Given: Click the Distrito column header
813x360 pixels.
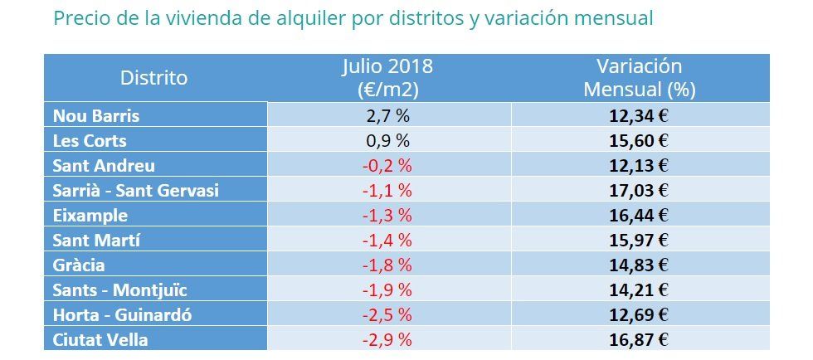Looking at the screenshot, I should pos(154,78).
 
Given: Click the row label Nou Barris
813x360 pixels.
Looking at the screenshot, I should pos(91,115).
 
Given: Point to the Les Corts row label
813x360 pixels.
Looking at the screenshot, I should pos(89,140).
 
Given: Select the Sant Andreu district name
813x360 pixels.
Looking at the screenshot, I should pos(103,165).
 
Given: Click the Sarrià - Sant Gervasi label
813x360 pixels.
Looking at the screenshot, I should pos(135,190).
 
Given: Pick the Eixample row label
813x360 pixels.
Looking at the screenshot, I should pos(90,215).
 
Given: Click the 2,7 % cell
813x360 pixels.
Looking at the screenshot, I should pos(388,115).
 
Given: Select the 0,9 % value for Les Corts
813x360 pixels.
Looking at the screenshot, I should pos(388,140).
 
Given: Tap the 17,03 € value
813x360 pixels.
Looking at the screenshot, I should pos(639,190).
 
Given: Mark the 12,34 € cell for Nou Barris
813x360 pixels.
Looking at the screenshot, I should pos(639,115).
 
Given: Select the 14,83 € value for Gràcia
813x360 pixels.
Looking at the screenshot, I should pos(639,265).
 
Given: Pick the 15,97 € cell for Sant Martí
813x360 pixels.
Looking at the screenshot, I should pos(639,240).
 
